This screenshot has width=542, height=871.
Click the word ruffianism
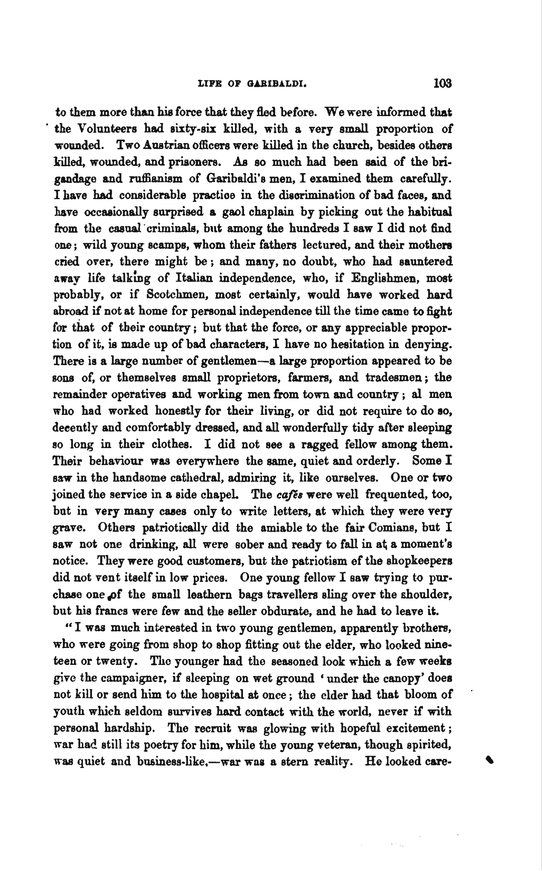(x=156, y=178)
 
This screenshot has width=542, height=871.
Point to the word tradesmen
(x=395, y=377)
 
